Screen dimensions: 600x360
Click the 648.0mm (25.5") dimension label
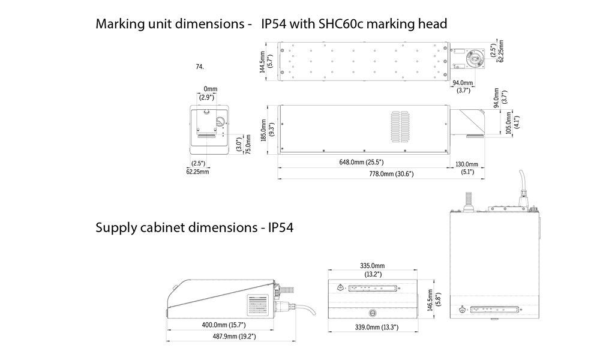361,162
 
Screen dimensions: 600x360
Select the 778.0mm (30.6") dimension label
391,173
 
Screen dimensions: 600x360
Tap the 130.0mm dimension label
466,164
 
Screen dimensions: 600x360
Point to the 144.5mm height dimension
263,62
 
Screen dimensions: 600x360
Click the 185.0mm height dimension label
263,130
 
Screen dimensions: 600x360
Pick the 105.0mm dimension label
509,122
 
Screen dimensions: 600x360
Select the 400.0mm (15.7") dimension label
223,325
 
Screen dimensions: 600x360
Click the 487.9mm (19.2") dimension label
234,336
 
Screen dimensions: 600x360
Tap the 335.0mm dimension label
373,266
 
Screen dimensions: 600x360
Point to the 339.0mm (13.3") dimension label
377,327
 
